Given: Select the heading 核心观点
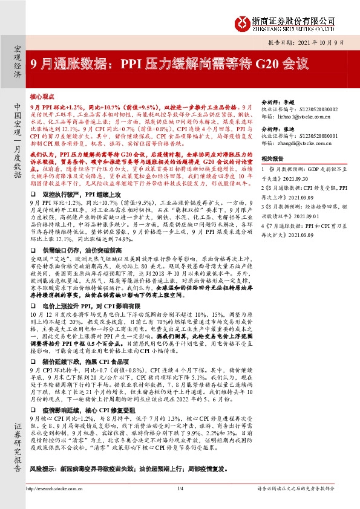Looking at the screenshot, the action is click(x=42, y=96).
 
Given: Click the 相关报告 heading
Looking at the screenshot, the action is click(x=271, y=158).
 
